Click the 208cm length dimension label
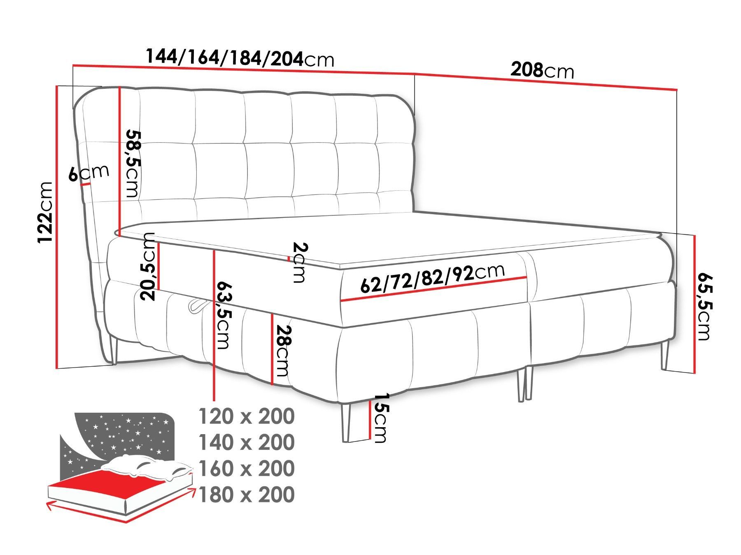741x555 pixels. click(x=542, y=70)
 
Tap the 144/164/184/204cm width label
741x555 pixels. click(x=240, y=58)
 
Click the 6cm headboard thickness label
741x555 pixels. click(x=89, y=173)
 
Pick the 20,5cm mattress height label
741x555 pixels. click(x=147, y=267)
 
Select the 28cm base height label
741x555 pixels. click(x=283, y=351)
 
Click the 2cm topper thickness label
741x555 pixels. click(x=300, y=263)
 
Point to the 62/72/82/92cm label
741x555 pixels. click(x=432, y=278)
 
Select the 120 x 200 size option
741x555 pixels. click(x=247, y=416)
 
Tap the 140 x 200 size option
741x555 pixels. click(x=247, y=442)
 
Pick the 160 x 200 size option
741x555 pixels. click(x=247, y=468)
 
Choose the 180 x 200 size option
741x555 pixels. click(x=247, y=494)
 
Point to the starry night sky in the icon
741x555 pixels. click(x=123, y=436)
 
